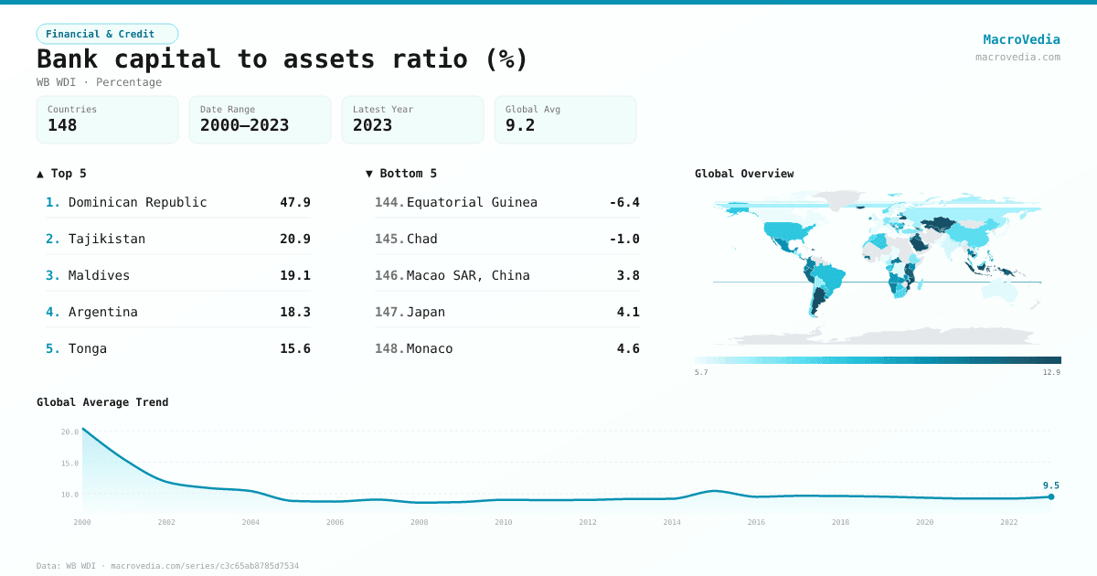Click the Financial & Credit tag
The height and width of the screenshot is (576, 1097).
107,34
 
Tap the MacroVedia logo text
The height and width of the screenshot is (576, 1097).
1022,39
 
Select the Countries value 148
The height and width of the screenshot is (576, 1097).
62,125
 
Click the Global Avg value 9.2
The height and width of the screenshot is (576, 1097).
520,125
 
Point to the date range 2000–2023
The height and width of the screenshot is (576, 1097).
244,125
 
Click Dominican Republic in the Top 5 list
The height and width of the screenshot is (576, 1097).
138,202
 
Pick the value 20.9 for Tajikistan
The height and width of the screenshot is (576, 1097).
295,239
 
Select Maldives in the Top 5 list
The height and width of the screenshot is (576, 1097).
99,275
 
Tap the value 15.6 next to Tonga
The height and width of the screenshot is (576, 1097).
295,348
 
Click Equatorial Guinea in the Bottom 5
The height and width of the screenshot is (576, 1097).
472,202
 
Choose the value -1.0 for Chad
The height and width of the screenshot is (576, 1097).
624,239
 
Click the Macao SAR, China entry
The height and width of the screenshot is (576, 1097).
468,275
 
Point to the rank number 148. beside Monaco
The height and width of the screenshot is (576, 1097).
389,348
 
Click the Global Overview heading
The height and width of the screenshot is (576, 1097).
744,174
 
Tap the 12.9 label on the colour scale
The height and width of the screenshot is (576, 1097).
1051,372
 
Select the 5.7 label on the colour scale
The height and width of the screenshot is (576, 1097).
701,372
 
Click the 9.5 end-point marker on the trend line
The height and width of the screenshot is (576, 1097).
1051,496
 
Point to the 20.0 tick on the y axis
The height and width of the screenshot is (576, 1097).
69,432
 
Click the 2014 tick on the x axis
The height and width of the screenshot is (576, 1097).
672,522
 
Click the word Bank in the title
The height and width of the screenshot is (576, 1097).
67,59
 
